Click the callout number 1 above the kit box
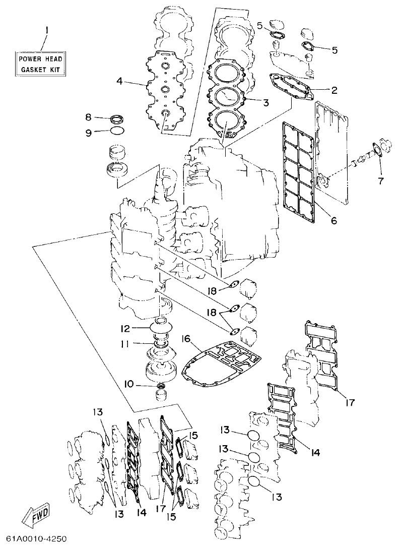coord(46,31)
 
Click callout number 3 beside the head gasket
coord(265,102)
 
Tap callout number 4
coord(119,81)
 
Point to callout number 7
coord(380,179)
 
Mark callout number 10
coord(129,384)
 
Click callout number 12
coord(125,328)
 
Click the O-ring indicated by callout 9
coord(116,132)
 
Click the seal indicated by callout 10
coord(161,387)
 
